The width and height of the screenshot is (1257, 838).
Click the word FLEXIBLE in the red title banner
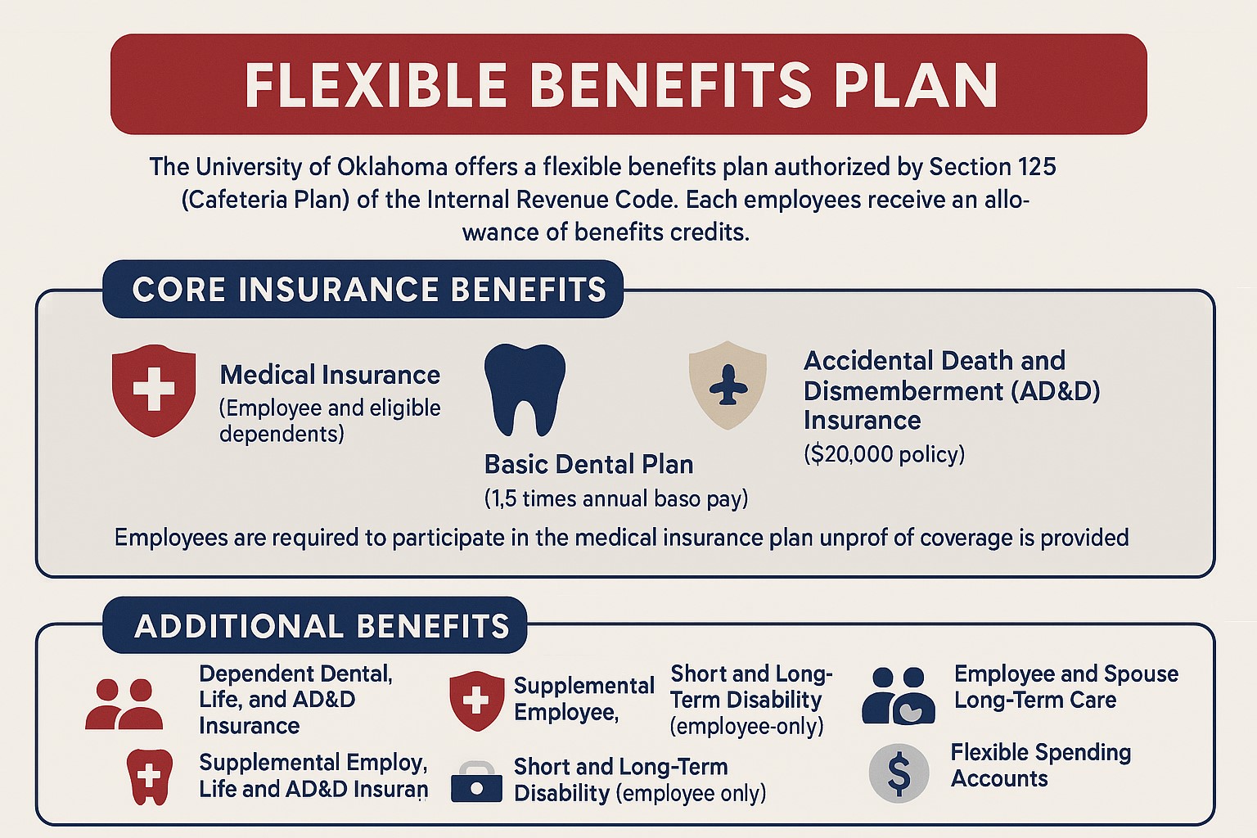[375, 85]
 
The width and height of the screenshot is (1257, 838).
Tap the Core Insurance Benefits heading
[369, 289]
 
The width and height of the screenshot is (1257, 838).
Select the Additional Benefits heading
[322, 626]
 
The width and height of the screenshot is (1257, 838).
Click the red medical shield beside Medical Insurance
[154, 390]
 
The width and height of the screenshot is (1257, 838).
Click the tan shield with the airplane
[728, 385]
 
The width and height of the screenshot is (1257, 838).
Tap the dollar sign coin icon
[899, 773]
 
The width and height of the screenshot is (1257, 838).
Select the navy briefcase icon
[476, 782]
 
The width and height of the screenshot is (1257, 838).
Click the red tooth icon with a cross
[149, 777]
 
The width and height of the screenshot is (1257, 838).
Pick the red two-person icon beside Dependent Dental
[124, 704]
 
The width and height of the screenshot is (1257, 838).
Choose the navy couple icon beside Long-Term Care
[899, 696]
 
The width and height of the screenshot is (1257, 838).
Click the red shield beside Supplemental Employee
[476, 701]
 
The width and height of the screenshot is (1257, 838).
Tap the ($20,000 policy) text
[885, 454]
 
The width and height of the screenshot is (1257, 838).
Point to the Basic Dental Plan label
[588, 464]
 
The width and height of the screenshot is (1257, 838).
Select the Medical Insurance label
[330, 375]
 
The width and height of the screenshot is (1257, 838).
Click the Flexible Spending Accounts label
[1041, 765]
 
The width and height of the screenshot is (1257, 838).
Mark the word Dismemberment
[903, 390]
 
